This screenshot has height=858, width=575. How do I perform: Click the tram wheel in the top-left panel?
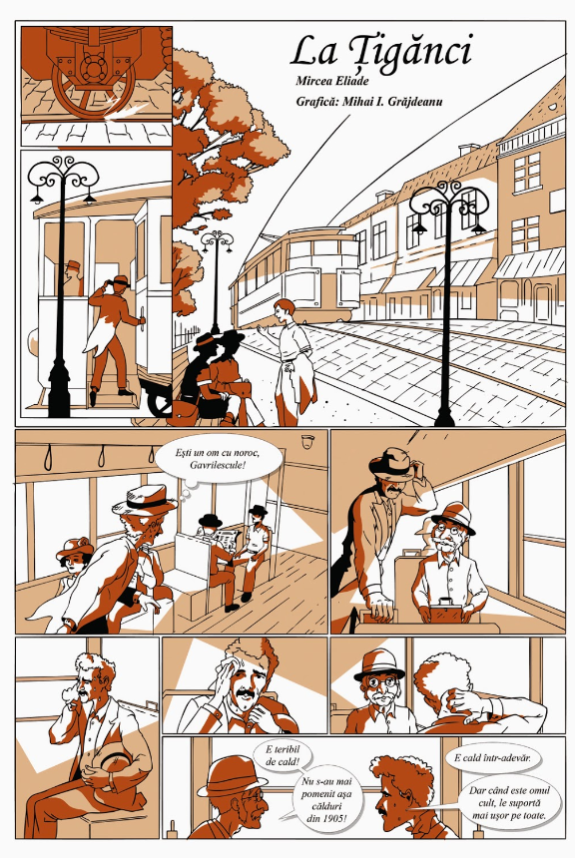pyautogui.click(x=93, y=90)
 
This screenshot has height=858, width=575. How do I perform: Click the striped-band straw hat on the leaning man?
pyautogui.click(x=144, y=499)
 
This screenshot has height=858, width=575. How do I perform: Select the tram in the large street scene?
pyautogui.click(x=295, y=276)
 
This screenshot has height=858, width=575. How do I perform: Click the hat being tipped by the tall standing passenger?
pyautogui.click(x=392, y=462)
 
